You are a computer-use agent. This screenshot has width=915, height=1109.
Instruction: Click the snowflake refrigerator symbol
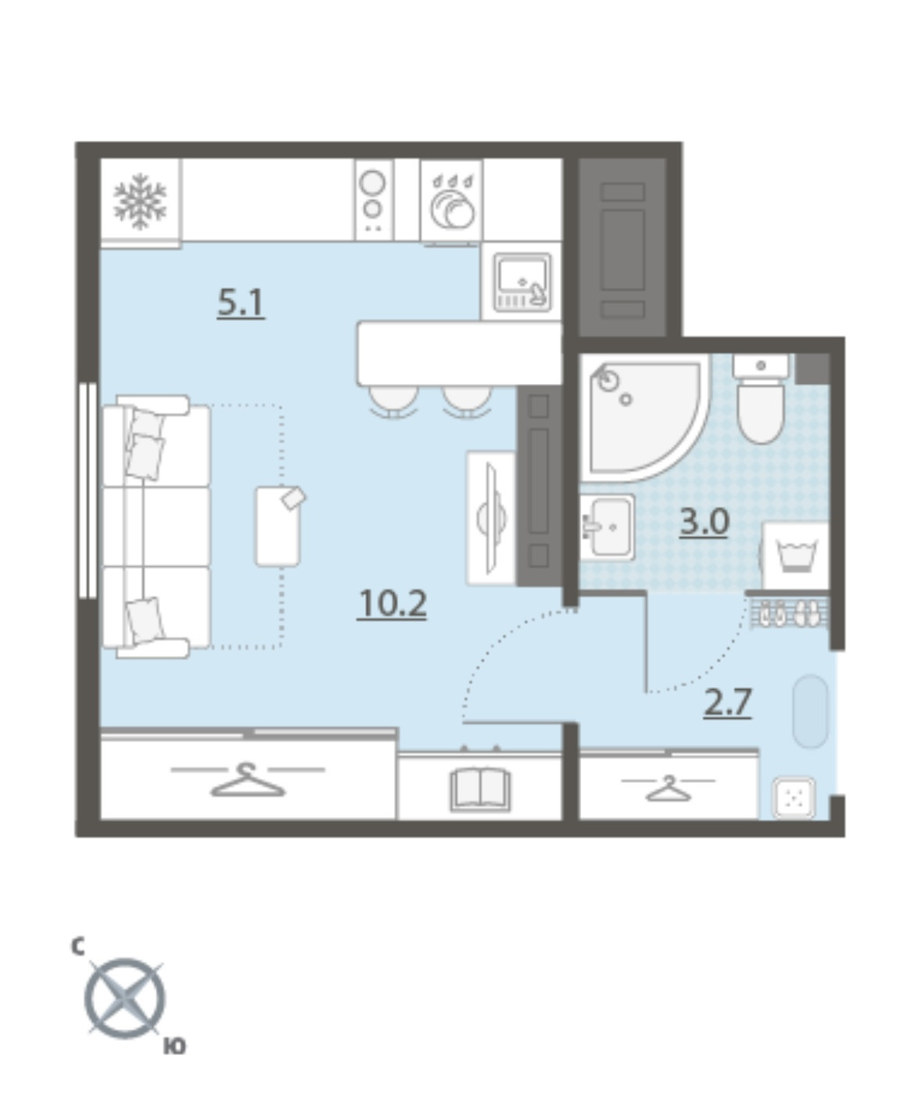click(140, 201)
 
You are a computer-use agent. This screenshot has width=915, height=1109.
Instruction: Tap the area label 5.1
click(241, 303)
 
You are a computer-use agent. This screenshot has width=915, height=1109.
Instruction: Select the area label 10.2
click(392, 604)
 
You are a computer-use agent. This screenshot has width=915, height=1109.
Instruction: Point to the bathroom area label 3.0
click(704, 522)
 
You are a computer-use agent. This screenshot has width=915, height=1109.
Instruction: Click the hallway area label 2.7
click(727, 702)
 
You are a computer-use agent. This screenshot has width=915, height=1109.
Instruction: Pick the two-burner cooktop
click(374, 200)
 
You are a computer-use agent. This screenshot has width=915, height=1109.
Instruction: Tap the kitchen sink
click(522, 282)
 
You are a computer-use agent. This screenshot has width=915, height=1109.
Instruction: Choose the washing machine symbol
click(795, 555)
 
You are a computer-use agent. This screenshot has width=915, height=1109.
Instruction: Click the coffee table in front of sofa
click(278, 526)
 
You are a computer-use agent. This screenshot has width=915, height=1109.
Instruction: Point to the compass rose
click(125, 998)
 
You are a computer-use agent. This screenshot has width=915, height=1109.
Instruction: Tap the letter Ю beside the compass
click(174, 1046)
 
